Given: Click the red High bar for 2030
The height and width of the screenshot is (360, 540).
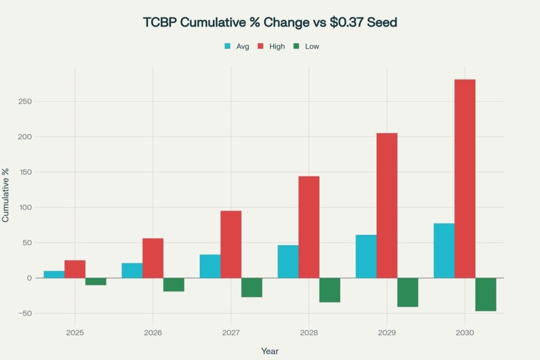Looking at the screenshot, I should coord(465,179).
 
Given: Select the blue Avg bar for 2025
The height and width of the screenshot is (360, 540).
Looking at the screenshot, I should coord(54,274).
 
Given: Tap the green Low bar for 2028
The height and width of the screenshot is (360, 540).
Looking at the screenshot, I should coord(330,290).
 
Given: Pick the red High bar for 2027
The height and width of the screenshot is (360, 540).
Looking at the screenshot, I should coord(231,244).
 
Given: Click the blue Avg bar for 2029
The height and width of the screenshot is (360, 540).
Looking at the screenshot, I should coord(366,256).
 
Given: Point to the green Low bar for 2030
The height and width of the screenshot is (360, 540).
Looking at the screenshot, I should coord(486,294).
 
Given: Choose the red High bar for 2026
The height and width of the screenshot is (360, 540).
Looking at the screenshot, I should coord(153,258).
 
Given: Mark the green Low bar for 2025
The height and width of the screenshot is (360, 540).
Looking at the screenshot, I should coord(95,281).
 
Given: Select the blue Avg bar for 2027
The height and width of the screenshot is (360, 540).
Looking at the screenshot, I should coord(210,266).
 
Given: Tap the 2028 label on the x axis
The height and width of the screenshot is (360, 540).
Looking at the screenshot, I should coord(308,333).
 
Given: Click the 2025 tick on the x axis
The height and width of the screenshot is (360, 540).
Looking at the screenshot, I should coord(74,333).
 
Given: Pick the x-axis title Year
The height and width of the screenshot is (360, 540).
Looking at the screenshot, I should coord(270,351).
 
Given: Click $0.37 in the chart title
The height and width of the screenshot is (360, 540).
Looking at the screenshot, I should coord(350,23).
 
